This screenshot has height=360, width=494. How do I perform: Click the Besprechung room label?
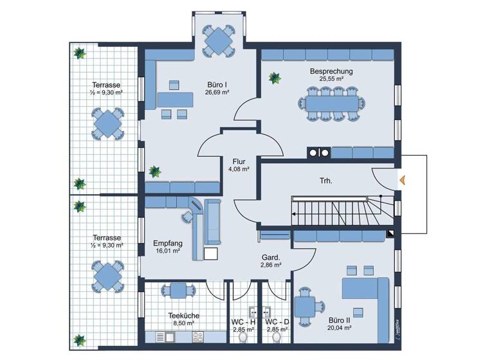click(x=331, y=71)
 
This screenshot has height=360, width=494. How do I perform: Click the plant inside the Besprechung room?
click(x=275, y=78)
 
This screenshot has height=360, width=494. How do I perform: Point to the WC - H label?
click(x=243, y=321)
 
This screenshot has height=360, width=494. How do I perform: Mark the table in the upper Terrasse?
click(x=107, y=122)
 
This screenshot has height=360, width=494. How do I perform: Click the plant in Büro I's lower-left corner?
click(x=154, y=172)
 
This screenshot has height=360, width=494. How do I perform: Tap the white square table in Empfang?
click(x=211, y=253)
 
